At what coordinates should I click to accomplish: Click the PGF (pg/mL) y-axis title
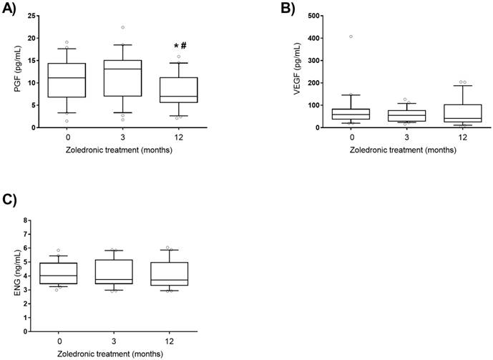pyautogui.click(x=8, y=72)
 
